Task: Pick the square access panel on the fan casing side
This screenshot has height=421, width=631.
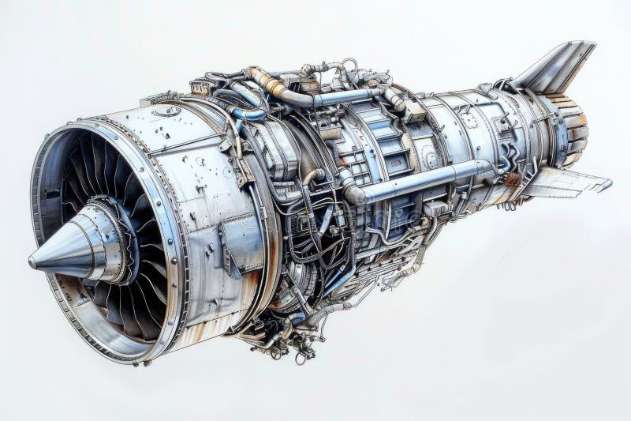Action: [240, 241]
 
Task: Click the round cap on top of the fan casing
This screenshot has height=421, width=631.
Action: [166, 111]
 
